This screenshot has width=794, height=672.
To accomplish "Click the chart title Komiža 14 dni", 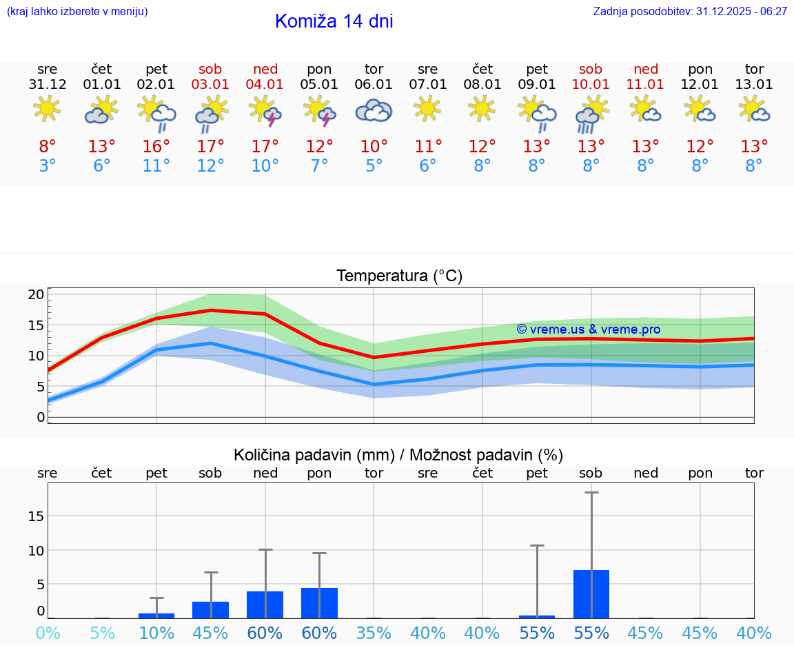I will [334, 21].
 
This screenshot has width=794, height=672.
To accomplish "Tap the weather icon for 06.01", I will [374, 110].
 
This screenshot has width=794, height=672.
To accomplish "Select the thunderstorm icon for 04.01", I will [265, 112].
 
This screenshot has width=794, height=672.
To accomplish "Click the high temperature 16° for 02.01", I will [156, 147].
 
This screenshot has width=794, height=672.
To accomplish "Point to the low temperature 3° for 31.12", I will [48, 166].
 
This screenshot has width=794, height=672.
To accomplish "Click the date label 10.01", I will [591, 85].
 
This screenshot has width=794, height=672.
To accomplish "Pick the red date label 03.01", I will [211, 85].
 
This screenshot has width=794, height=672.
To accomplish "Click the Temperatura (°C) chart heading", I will [399, 276].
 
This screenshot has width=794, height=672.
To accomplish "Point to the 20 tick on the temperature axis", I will [37, 294].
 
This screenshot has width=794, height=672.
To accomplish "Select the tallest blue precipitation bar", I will [591, 593].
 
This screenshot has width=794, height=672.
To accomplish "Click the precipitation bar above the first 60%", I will [265, 604].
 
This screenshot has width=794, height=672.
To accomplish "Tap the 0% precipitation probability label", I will [48, 633].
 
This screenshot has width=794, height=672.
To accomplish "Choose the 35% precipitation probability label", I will [374, 633].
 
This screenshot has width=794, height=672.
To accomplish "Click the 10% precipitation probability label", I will [156, 633].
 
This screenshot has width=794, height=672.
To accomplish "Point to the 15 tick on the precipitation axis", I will [37, 516].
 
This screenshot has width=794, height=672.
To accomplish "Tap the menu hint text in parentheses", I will [77, 12].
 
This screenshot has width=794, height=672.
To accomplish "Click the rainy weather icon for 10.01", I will [591, 113].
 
